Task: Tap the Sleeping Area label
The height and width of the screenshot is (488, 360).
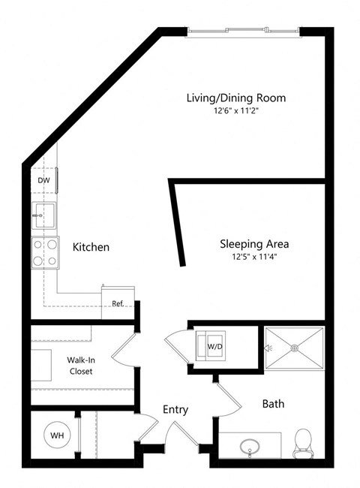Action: coord(254,244)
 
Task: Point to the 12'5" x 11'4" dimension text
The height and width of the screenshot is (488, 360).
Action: coord(254,258)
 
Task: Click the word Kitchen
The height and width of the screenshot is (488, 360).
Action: coord(91,247)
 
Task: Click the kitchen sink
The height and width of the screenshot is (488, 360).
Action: coord(43,215)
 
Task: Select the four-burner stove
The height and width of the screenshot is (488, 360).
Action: coord(44,252)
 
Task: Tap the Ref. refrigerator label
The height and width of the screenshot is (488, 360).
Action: coord(117,303)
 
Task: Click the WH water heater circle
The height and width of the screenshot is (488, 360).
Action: coord(57,435)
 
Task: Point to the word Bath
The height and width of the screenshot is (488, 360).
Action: coord(273,404)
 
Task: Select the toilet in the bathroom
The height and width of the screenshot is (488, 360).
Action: coord(304,442)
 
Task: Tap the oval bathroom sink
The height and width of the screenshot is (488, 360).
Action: coord(250,448)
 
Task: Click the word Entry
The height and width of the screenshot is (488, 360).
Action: coord(175,410)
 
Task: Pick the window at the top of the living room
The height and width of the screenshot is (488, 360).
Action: coord(243,31)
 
